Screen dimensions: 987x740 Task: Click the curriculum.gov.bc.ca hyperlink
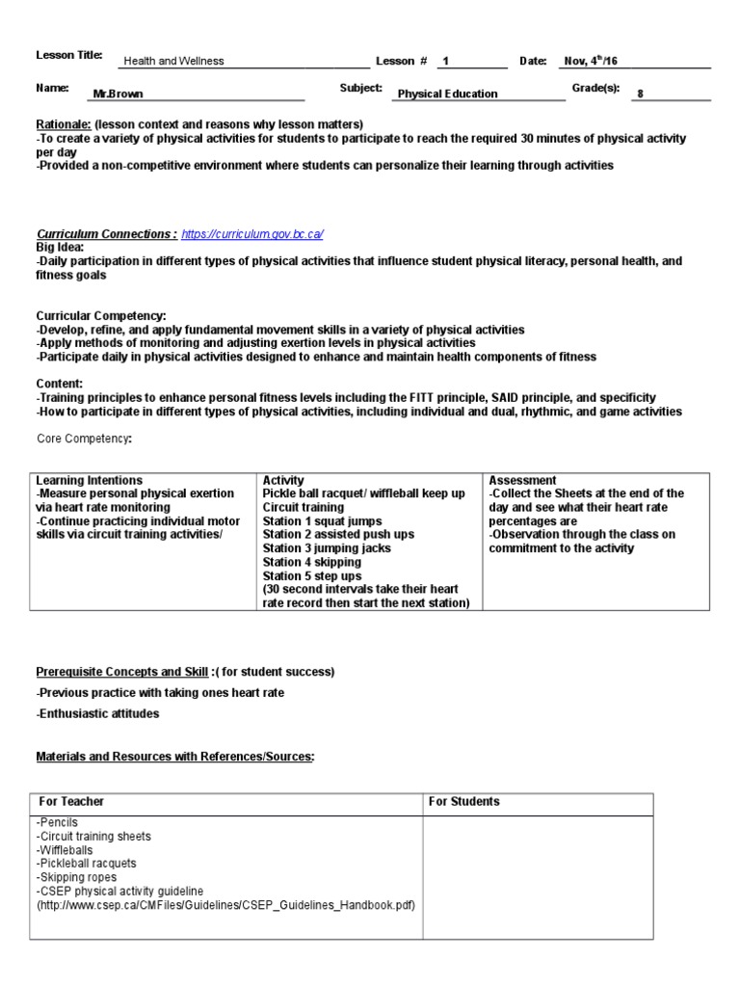[251, 234]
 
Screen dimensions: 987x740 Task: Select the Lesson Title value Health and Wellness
[173, 61]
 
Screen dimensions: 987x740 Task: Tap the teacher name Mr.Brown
[118, 94]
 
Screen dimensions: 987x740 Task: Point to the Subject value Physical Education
[447, 94]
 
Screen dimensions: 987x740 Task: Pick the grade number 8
[640, 94]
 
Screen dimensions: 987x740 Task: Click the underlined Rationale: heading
[63, 124]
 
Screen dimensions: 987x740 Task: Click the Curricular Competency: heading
[101, 316]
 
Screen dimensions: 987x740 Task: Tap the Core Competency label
[84, 439]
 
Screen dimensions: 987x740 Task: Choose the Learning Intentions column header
[89, 480]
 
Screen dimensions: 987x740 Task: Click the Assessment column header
[522, 480]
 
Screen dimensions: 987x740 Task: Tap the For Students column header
[464, 802]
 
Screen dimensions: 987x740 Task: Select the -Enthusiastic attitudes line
[97, 713]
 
